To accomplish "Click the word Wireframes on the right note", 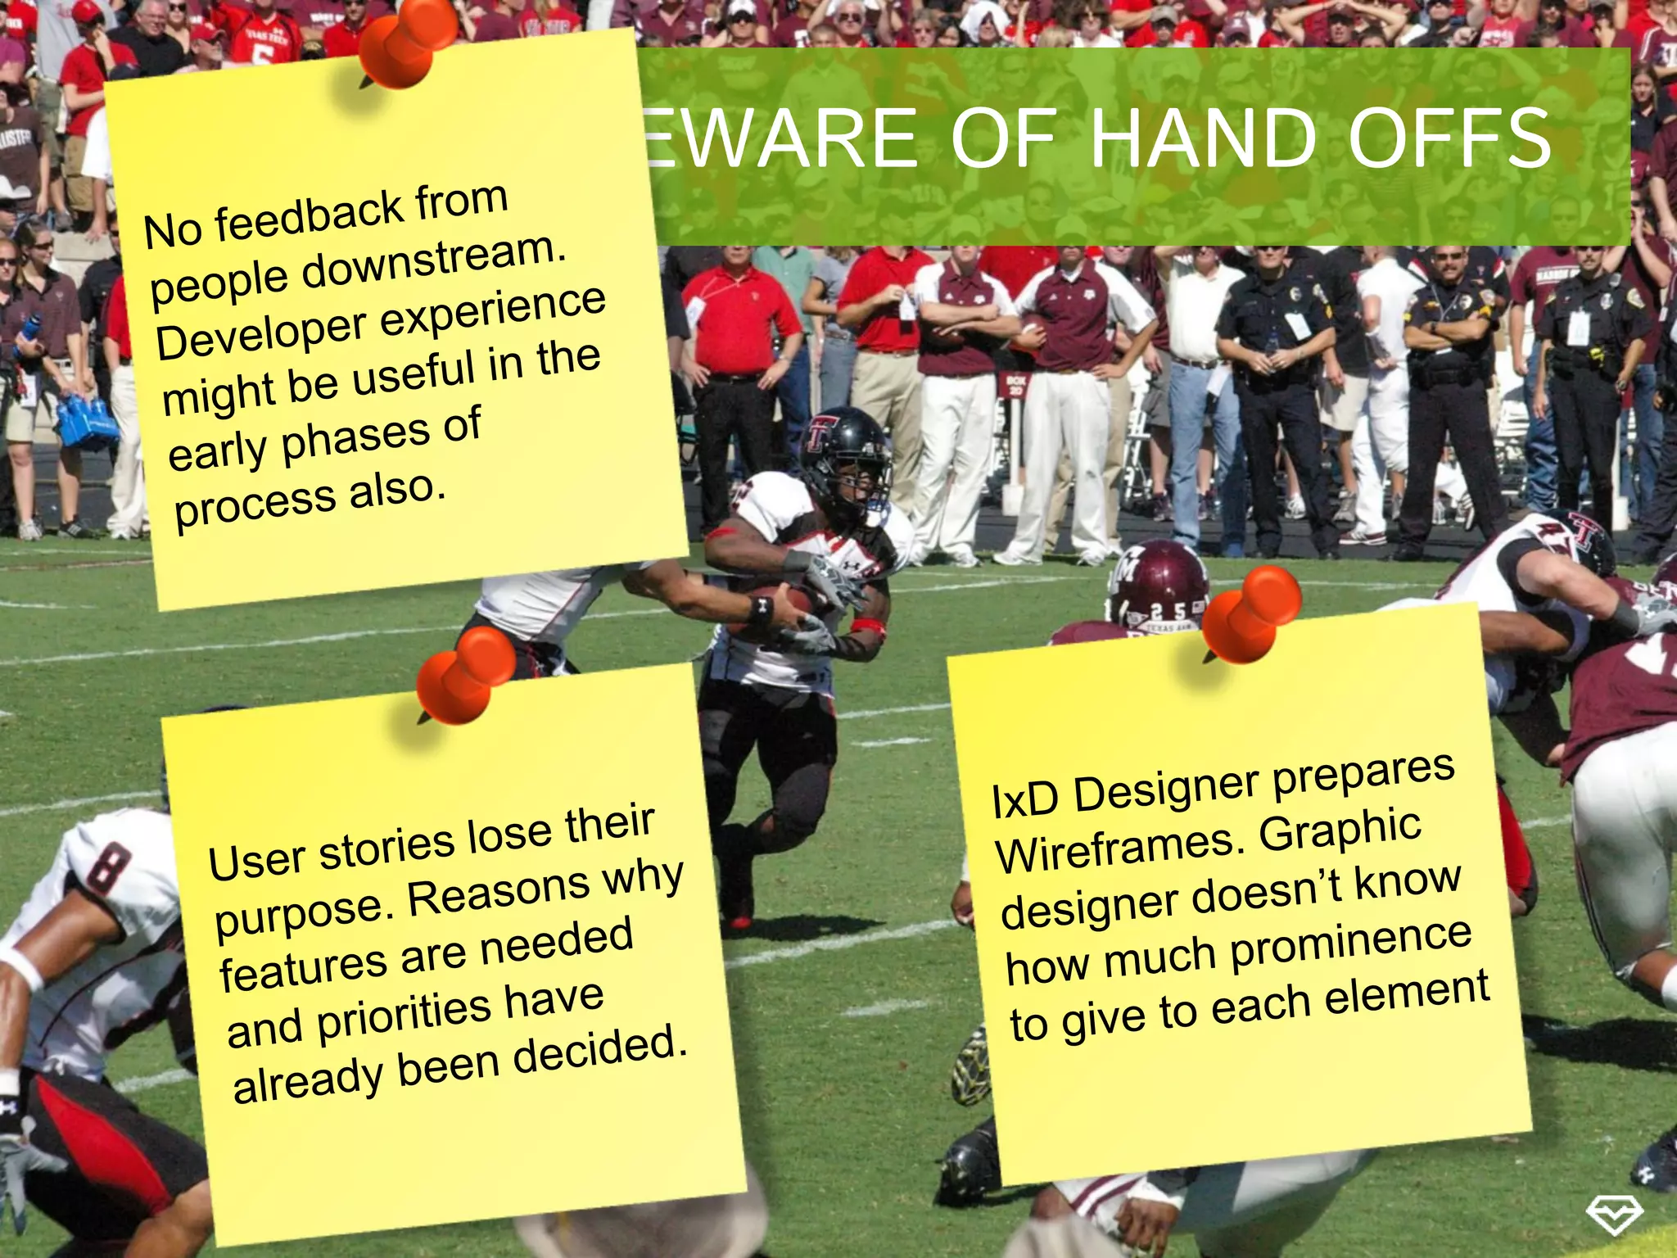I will pyautogui.click(x=1119, y=848).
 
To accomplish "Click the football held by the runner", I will pyautogui.click(x=774, y=606).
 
